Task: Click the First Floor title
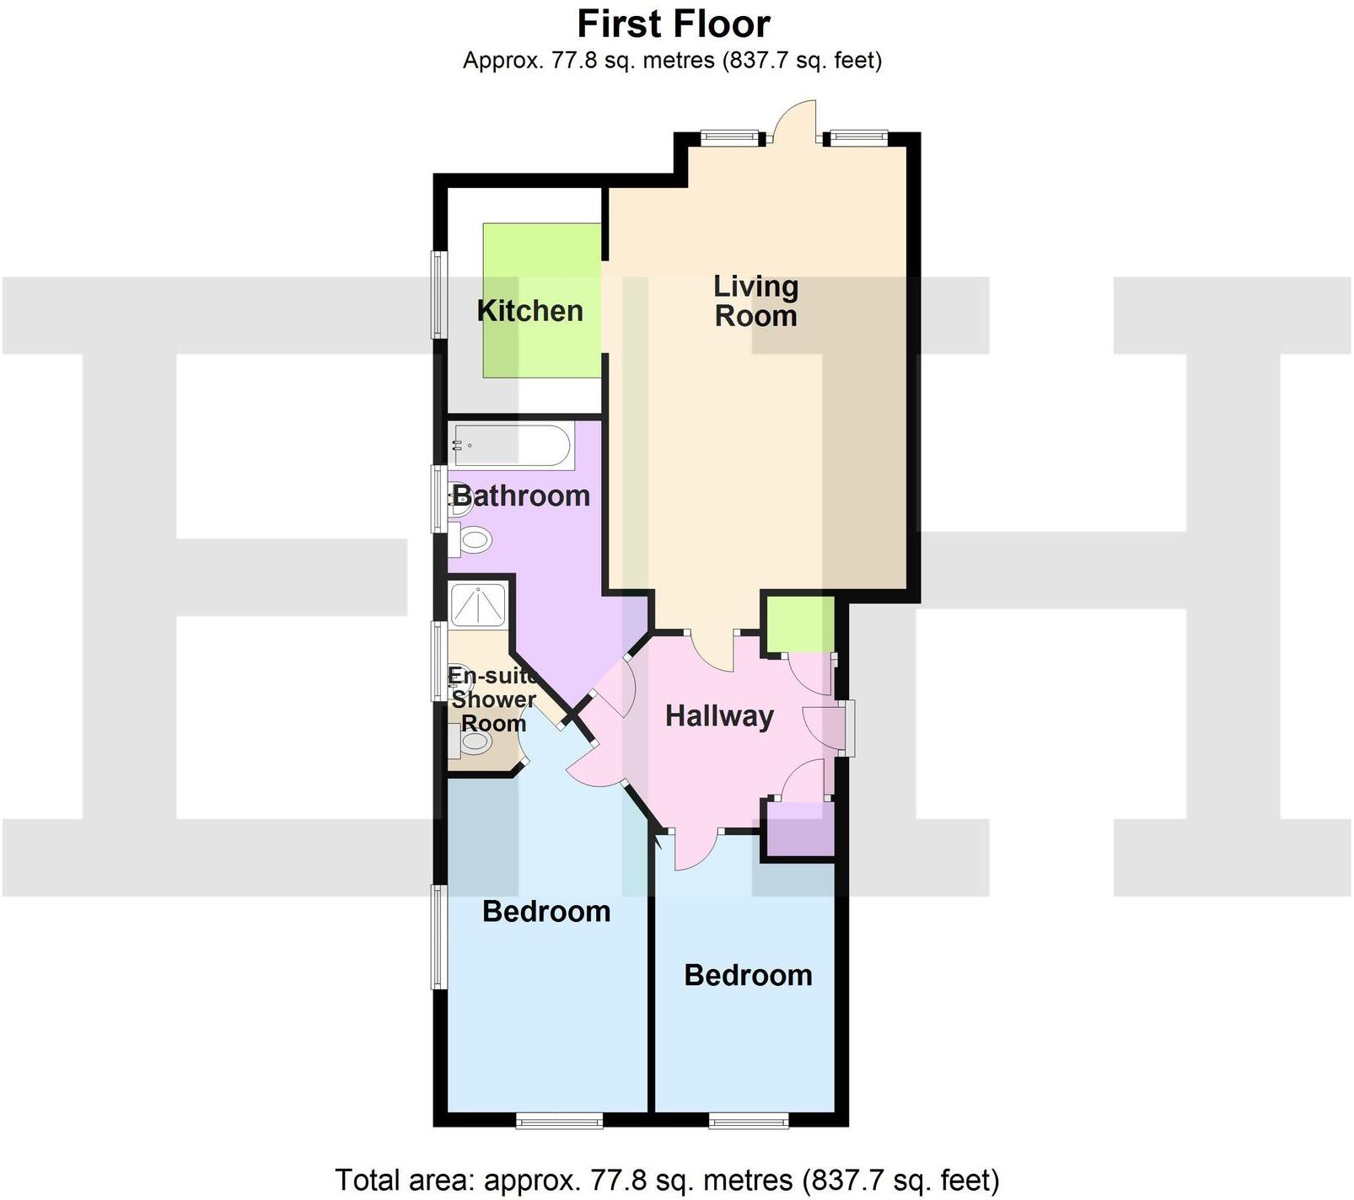(x=674, y=24)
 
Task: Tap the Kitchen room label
(x=529, y=311)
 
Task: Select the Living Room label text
(x=755, y=301)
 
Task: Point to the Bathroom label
(x=522, y=496)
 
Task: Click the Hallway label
(x=719, y=716)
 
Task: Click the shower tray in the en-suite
(x=478, y=604)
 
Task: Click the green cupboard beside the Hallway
(x=798, y=624)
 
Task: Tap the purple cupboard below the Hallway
(x=798, y=830)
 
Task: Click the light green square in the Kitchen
(x=541, y=300)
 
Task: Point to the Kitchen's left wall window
(x=438, y=294)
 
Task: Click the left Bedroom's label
(x=546, y=912)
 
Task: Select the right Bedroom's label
(x=748, y=976)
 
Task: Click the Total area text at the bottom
(x=667, y=1181)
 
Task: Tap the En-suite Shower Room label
(x=493, y=699)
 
